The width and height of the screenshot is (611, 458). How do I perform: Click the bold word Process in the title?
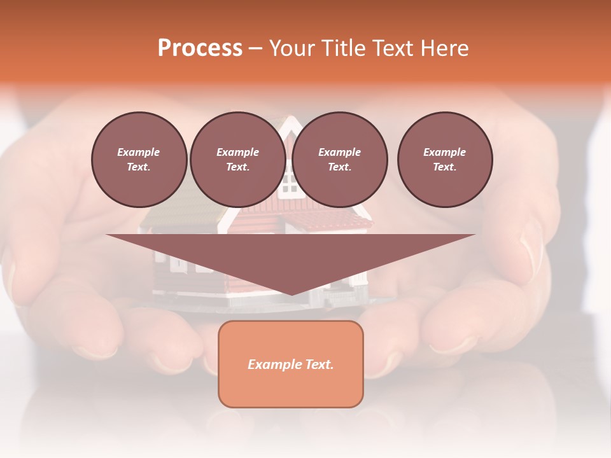coord(200,48)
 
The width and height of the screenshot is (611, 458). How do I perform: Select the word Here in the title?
coord(445,48)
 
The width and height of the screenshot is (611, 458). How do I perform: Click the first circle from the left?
coord(139,160)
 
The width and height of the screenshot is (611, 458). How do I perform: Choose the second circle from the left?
coord(238,160)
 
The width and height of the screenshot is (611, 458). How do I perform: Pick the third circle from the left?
coord(340,160)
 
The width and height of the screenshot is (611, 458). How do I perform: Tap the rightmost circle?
coord(445,160)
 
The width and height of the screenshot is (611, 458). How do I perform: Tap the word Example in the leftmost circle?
coord(139,152)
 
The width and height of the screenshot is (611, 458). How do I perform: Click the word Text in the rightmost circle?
coord(444,167)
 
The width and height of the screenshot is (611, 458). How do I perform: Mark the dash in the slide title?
coord(255,49)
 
